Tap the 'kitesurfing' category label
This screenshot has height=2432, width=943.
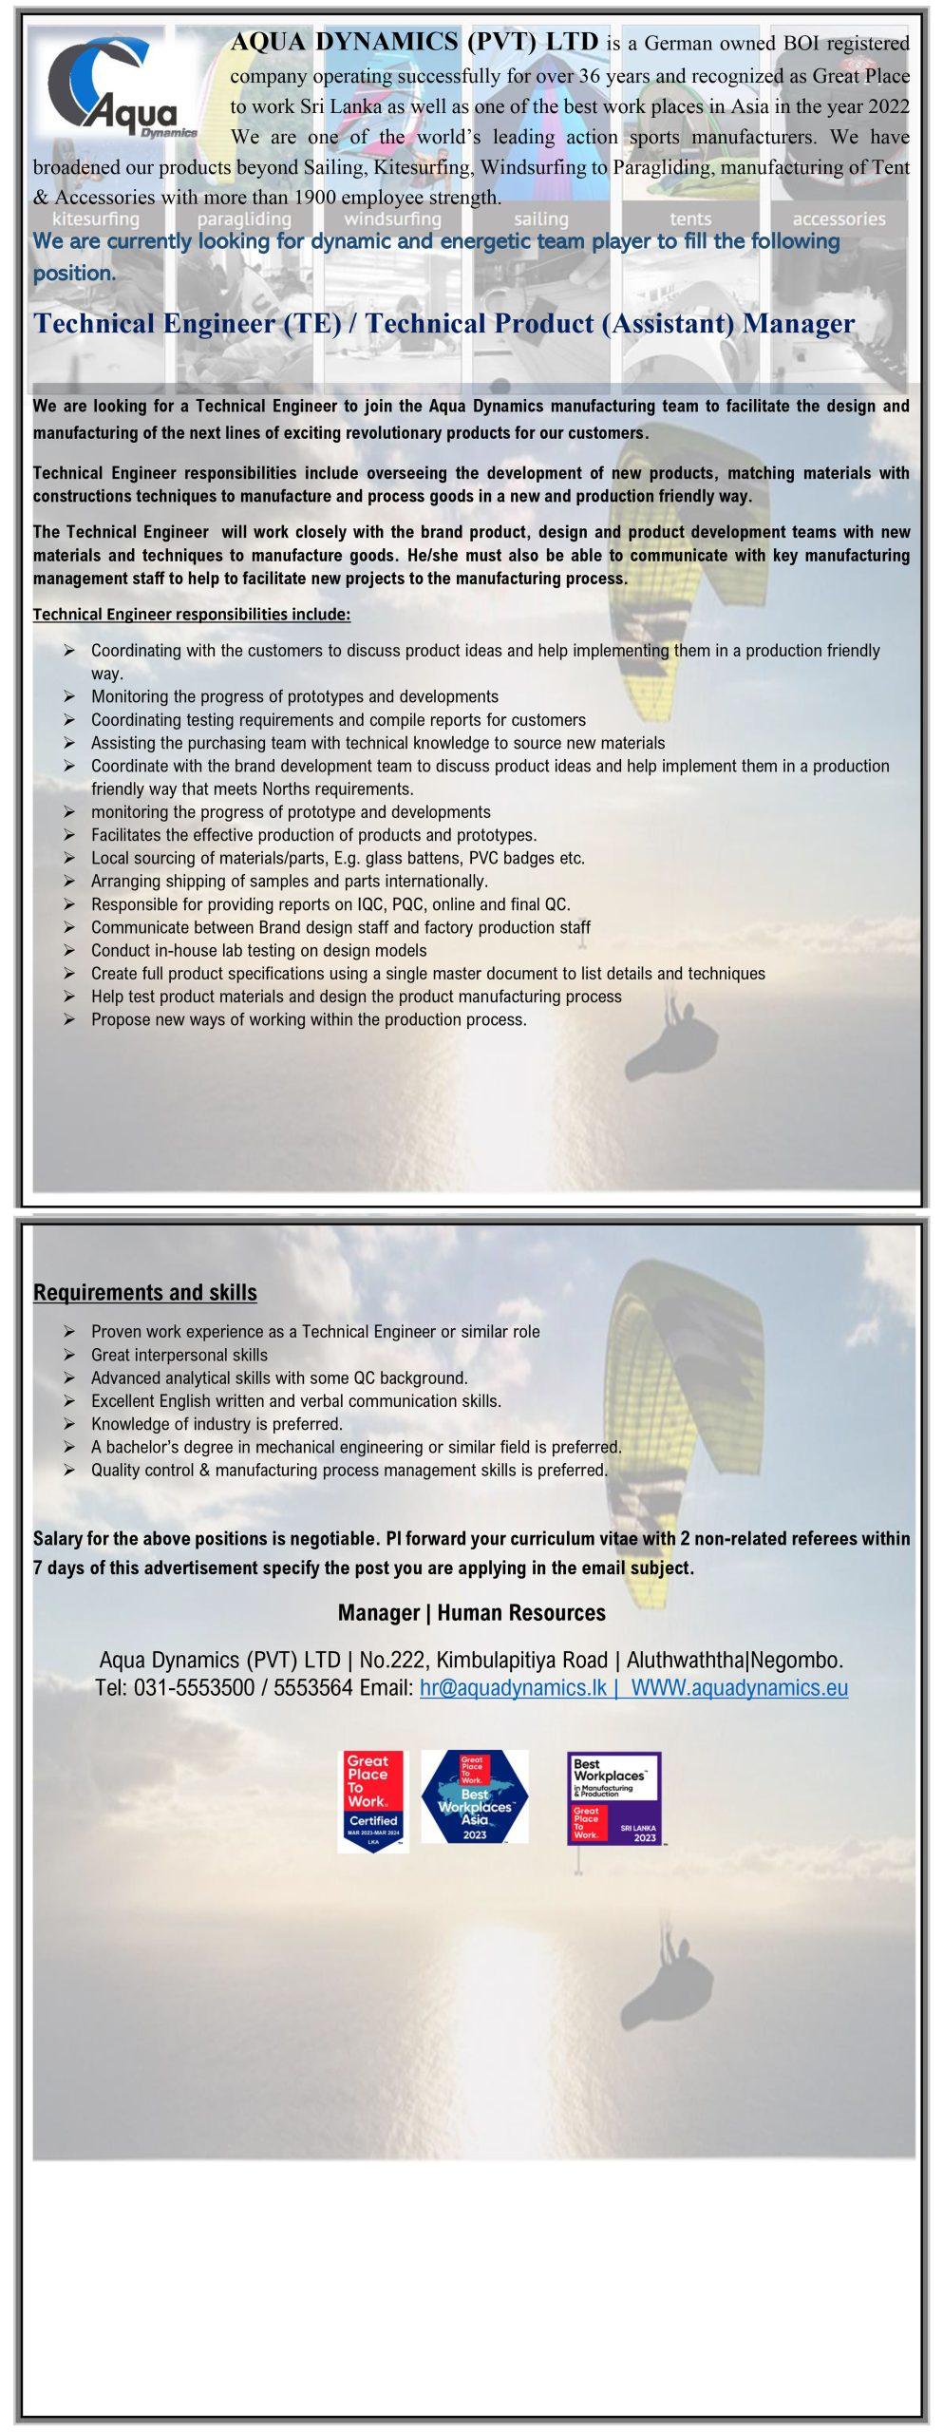95,219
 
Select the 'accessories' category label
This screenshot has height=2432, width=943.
839,219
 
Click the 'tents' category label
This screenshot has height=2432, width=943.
689,219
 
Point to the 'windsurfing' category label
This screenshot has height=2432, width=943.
392,219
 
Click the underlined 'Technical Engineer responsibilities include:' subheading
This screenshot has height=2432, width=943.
192,615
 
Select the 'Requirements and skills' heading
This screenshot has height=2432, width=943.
145,1292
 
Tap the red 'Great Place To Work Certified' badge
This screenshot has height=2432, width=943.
373,1800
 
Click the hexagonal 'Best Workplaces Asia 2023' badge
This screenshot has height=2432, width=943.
475,1797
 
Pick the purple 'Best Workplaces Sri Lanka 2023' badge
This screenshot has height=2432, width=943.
613,1798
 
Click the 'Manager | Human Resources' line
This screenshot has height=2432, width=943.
472,1613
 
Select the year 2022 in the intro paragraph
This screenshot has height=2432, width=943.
888,106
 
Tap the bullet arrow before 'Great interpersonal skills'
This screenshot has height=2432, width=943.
70,1356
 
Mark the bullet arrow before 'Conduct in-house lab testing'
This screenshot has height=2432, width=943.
70,951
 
